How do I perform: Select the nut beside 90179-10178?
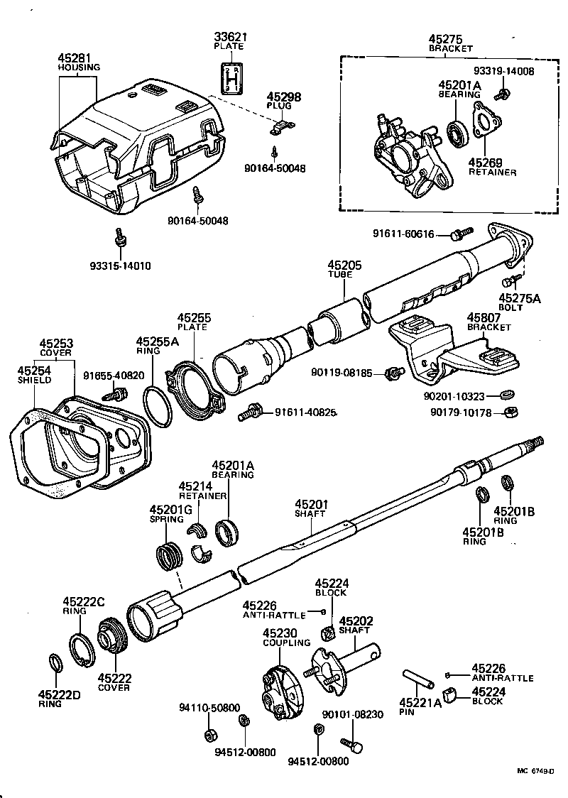(509, 411)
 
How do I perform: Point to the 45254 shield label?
(34, 371)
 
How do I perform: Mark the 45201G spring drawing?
(167, 553)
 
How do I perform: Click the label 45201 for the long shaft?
(310, 503)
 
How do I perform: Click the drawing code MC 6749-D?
(536, 772)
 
